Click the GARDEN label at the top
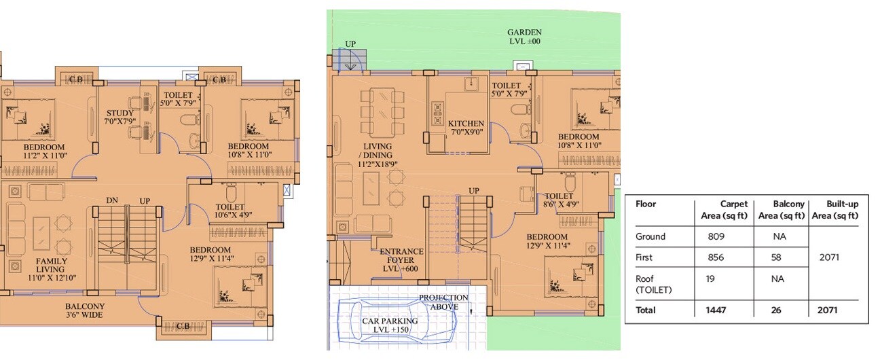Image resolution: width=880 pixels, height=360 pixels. (524, 37)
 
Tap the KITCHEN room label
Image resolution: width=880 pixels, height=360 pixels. (466, 128)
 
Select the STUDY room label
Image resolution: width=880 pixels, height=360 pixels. (121, 117)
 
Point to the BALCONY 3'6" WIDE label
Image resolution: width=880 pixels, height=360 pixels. (85, 310)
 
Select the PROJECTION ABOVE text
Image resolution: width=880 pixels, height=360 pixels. (443, 302)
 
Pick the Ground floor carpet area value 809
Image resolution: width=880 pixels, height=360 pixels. (717, 237)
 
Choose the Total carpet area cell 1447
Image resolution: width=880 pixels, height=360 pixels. (716, 310)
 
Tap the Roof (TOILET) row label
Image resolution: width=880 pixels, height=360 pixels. (653, 284)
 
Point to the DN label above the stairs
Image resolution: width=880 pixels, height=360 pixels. (113, 201)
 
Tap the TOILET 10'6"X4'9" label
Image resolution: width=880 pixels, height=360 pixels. (230, 211)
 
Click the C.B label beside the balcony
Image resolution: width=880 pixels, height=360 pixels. (183, 327)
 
